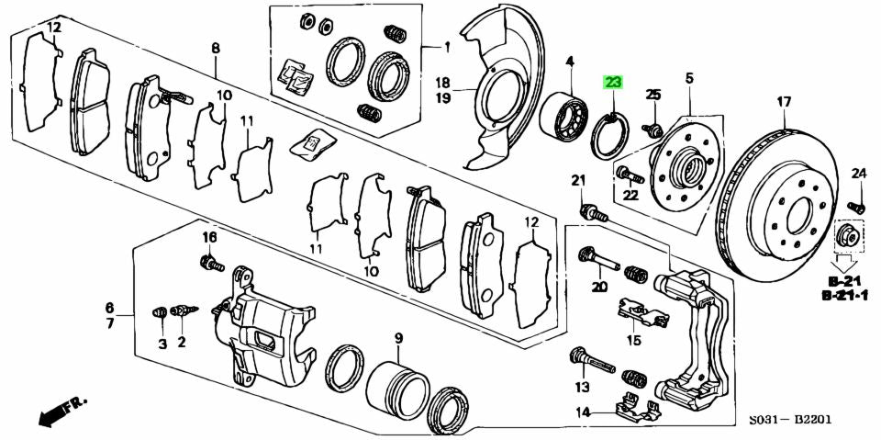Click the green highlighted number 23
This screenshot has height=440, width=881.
point(612,84)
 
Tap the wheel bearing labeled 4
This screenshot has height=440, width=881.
point(562,118)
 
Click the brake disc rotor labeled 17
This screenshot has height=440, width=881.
point(779,208)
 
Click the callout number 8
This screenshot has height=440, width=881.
point(216,48)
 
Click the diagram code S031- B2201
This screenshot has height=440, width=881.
point(789,421)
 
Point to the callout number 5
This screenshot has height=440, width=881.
point(688,79)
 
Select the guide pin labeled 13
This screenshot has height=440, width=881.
point(591,358)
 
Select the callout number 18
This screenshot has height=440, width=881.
point(442,82)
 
